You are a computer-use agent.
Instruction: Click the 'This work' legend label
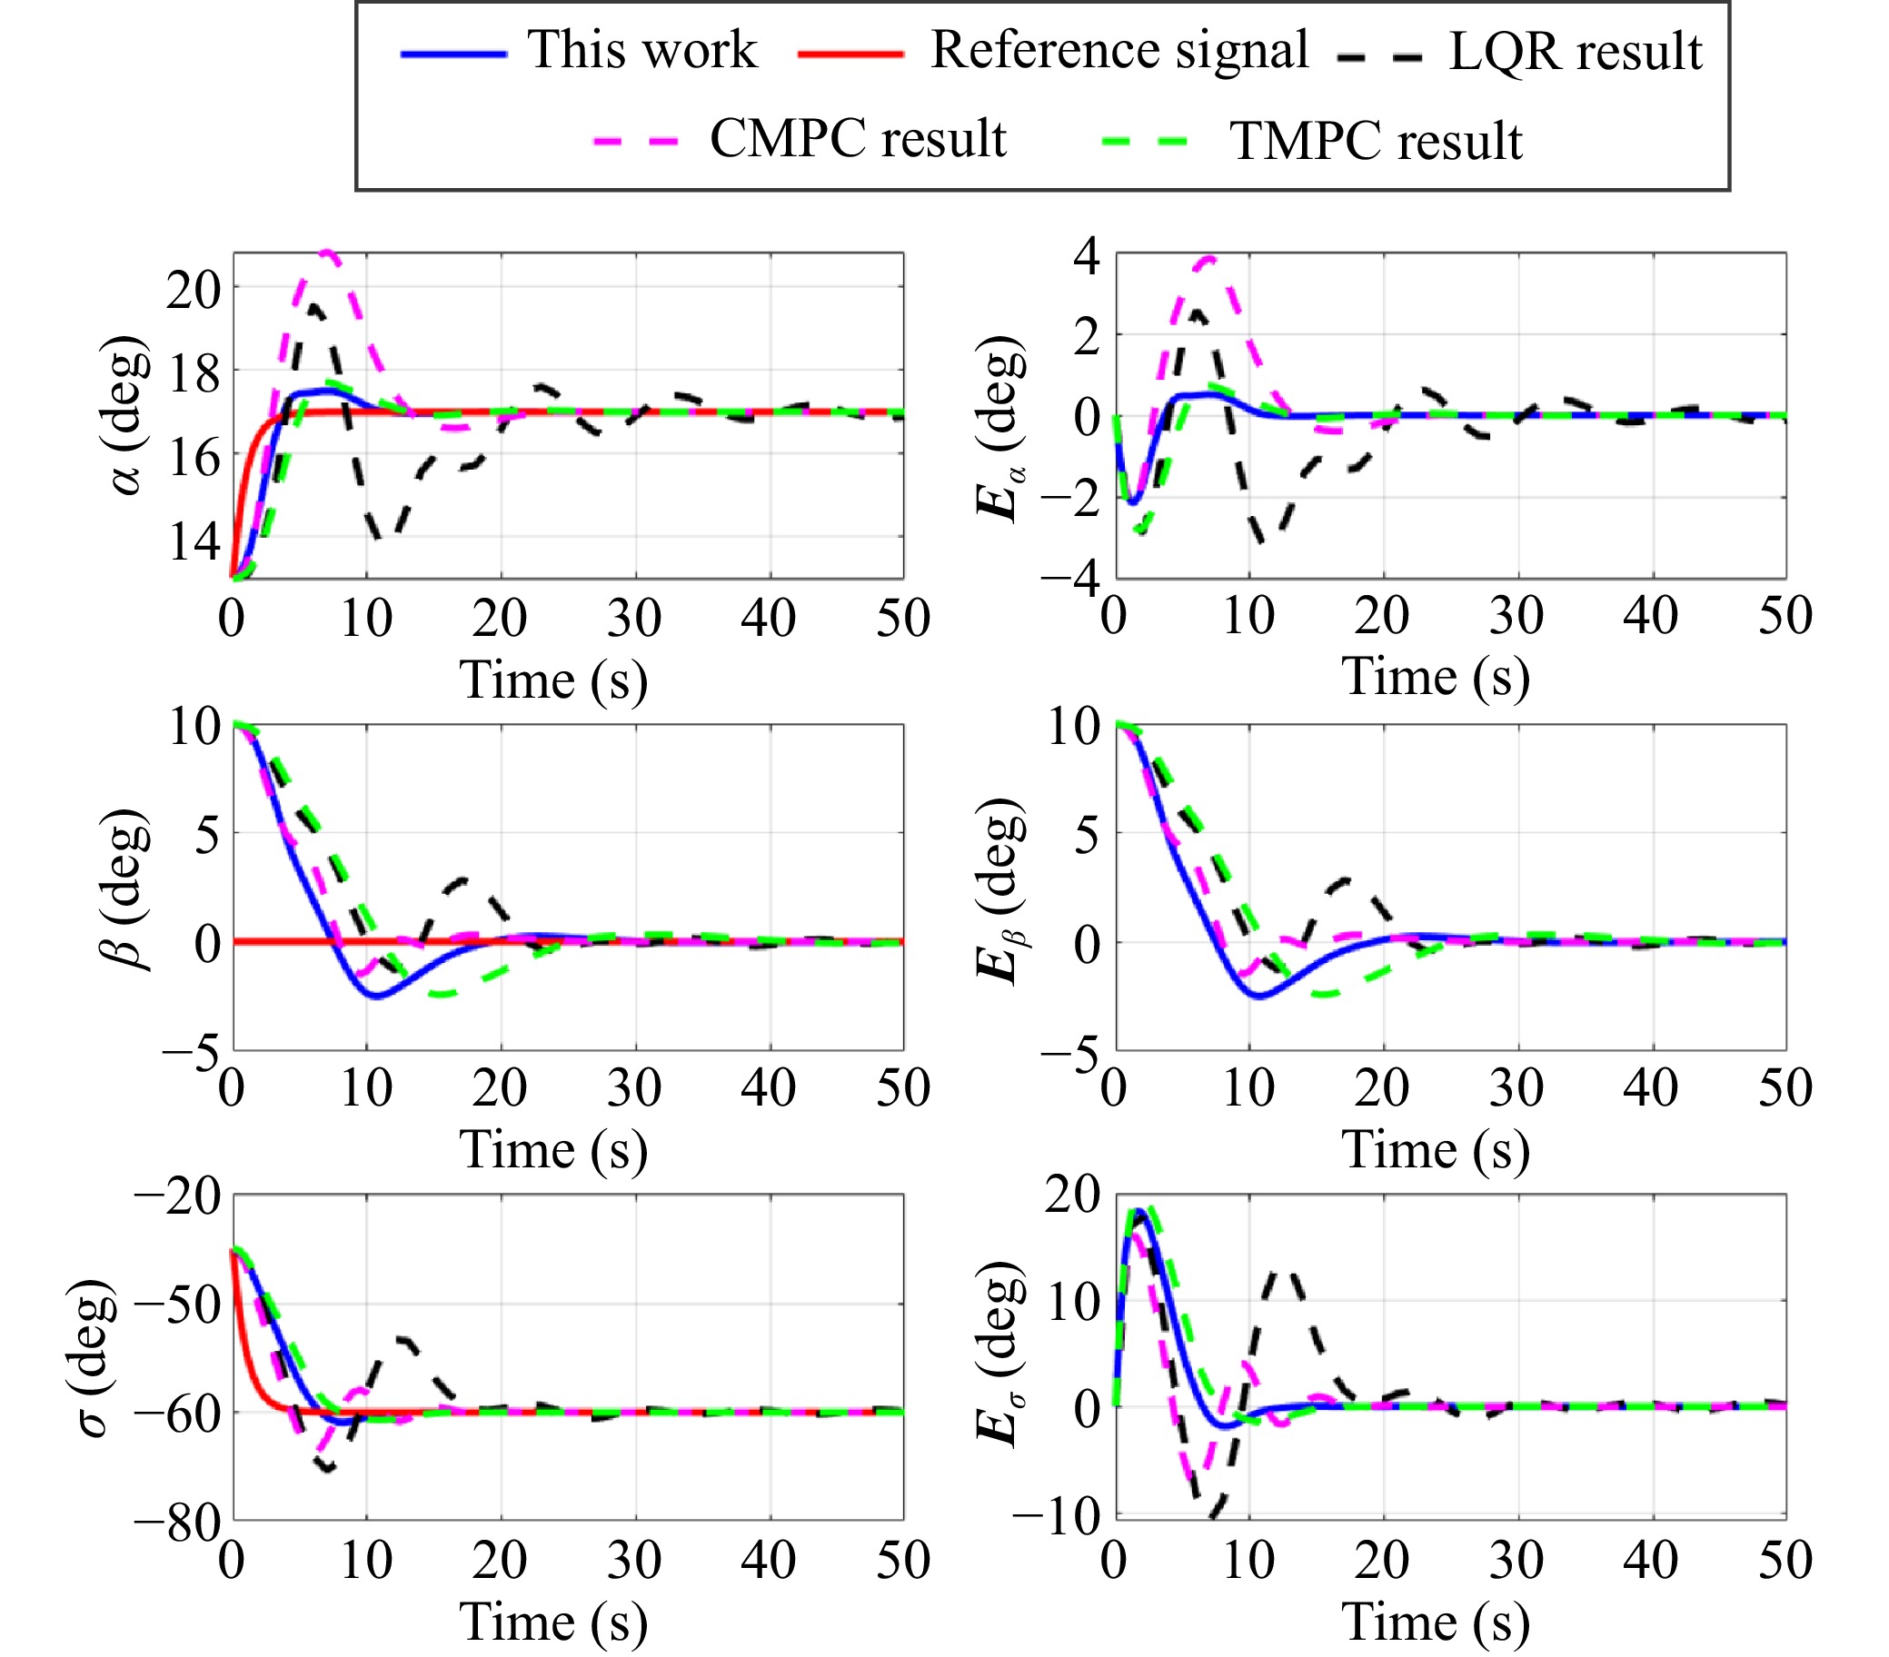point(641,50)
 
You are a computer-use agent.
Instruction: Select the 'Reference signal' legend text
point(1119,50)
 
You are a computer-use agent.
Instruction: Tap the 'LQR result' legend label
point(1575,52)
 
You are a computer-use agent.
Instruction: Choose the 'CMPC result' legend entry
point(858,140)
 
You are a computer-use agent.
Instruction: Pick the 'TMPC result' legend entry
point(1375,142)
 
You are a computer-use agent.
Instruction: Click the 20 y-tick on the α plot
point(194,290)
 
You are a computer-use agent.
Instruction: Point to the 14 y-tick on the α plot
point(194,541)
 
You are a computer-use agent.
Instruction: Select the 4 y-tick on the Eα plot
point(1087,256)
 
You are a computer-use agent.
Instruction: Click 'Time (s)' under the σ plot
point(553,1622)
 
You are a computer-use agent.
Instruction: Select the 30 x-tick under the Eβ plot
point(1516,1087)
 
